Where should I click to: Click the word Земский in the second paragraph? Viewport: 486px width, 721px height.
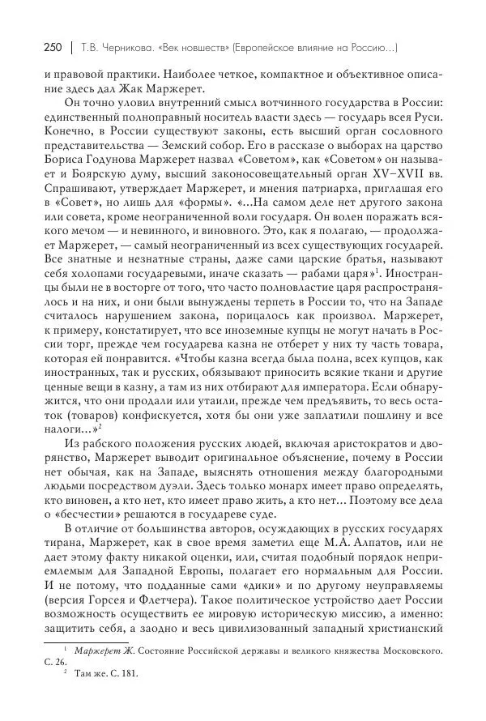click(168, 160)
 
